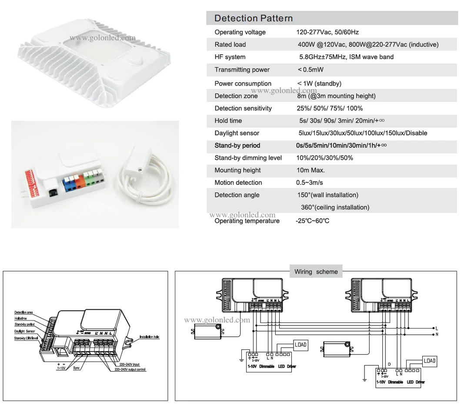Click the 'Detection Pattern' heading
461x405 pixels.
(x=254, y=18)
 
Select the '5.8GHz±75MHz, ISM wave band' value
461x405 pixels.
(x=346, y=57)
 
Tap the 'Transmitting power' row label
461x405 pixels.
(x=242, y=70)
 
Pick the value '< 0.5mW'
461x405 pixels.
(x=311, y=70)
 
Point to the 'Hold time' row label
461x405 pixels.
(x=228, y=121)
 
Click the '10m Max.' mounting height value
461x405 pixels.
(x=311, y=170)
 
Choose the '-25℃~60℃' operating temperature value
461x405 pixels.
(x=313, y=221)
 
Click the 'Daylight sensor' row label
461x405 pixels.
(x=237, y=133)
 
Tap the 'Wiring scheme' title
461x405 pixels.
(x=316, y=272)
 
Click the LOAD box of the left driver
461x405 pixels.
(x=301, y=345)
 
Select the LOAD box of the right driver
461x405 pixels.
(x=430, y=361)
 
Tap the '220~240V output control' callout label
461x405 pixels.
(x=130, y=369)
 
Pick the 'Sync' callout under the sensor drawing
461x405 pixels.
(x=77, y=367)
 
